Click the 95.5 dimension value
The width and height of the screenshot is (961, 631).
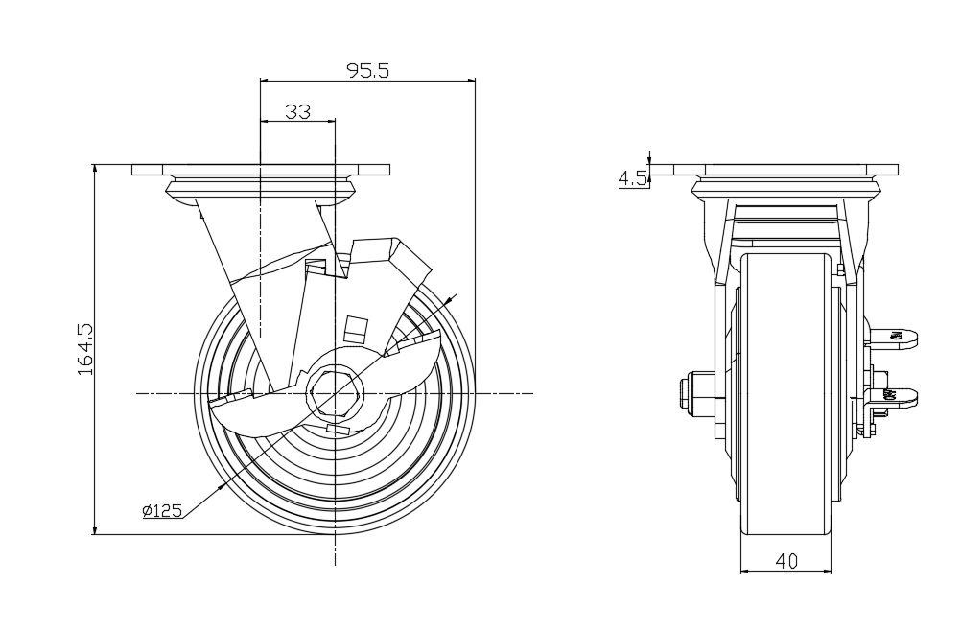pyautogui.click(x=368, y=70)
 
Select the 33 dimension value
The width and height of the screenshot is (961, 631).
pyautogui.click(x=298, y=111)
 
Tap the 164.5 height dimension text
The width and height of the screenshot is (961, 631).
pyautogui.click(x=84, y=349)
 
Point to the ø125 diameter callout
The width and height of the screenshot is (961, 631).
pyautogui.click(x=162, y=510)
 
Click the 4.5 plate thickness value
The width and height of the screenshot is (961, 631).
pyautogui.click(x=632, y=178)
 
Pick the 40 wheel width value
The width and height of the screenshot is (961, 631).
pyautogui.click(x=786, y=561)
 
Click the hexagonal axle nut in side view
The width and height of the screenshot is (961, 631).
pyautogui.click(x=335, y=392)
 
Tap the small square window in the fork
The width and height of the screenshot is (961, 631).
pyautogui.click(x=356, y=329)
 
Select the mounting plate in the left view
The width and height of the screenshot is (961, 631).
pyautogui.click(x=261, y=170)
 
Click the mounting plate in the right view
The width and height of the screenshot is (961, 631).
pyautogui.click(x=786, y=170)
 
